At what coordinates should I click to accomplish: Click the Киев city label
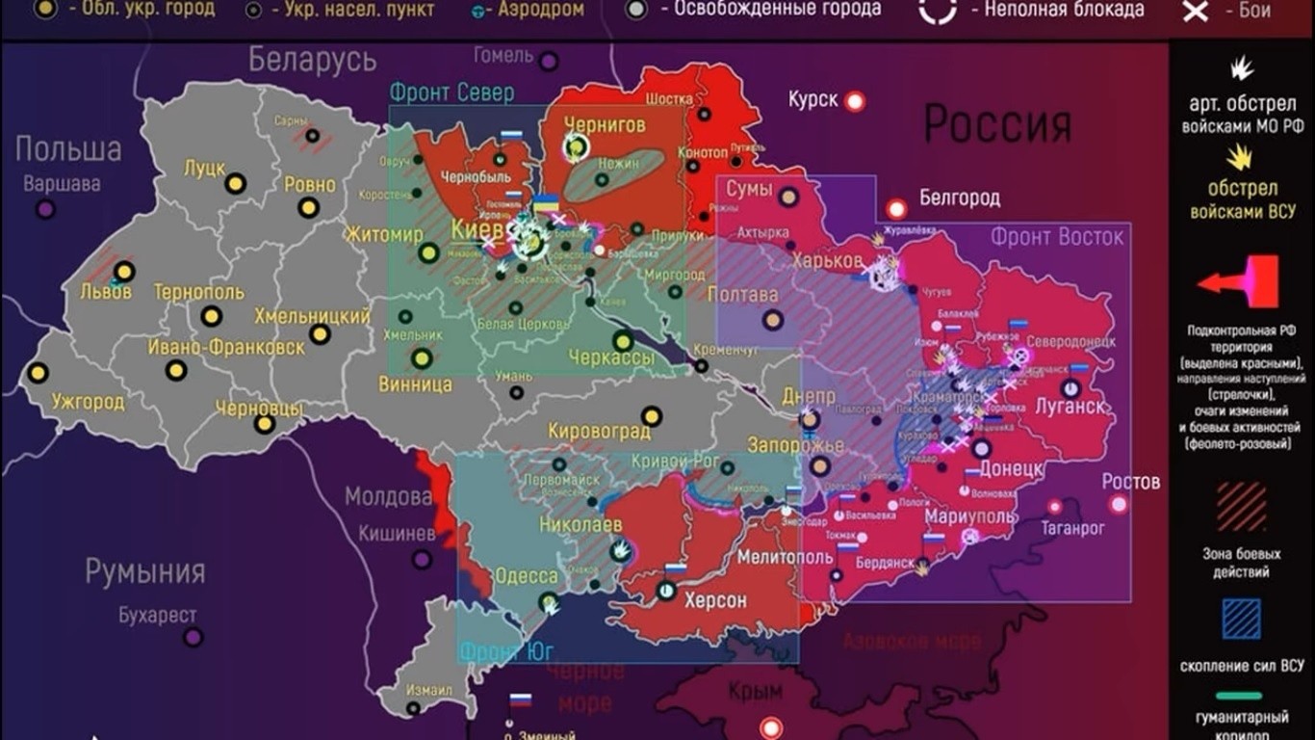pyautogui.click(x=477, y=231)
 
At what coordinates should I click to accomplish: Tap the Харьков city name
pyautogui.click(x=827, y=260)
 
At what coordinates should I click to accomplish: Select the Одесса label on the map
pyautogui.click(x=526, y=576)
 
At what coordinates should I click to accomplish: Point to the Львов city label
pyautogui.click(x=106, y=291)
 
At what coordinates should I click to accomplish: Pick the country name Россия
pyautogui.click(x=997, y=124)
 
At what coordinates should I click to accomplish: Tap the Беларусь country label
pyautogui.click(x=313, y=60)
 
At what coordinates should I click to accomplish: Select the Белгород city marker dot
pyautogui.click(x=897, y=208)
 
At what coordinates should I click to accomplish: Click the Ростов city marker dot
pyautogui.click(x=1119, y=504)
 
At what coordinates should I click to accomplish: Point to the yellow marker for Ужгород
pyautogui.click(x=38, y=372)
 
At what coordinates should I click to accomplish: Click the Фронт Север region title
pyautogui.click(x=451, y=92)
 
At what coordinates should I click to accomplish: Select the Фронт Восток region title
pyautogui.click(x=1057, y=236)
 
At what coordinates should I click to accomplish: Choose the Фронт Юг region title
pyautogui.click(x=505, y=651)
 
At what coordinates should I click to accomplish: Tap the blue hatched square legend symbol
pyautogui.click(x=1241, y=620)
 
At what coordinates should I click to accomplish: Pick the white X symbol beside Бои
pyautogui.click(x=1196, y=12)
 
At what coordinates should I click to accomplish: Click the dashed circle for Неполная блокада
pyautogui.click(x=937, y=10)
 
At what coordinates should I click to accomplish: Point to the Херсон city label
pyautogui.click(x=714, y=599)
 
